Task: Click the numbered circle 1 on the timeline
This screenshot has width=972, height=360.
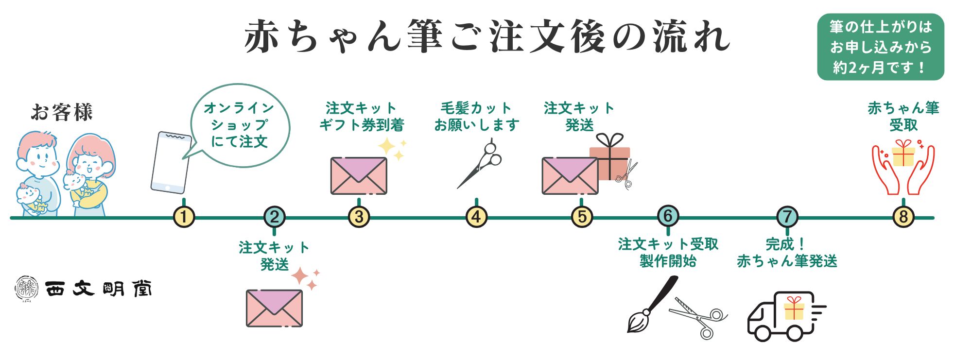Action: [x=184, y=217]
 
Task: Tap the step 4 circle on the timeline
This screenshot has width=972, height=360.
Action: [x=476, y=217]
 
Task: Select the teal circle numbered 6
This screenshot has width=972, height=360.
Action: [x=668, y=216]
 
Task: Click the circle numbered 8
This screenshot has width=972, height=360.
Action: [x=903, y=217]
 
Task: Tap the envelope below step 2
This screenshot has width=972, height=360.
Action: [x=274, y=308]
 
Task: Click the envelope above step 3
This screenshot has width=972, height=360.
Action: [x=359, y=175]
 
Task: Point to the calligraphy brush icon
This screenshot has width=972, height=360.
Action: [x=651, y=304]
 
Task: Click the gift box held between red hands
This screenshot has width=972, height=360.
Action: [x=903, y=154]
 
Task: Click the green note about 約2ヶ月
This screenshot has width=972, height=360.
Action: [x=880, y=47]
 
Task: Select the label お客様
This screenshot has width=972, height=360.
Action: [x=62, y=112]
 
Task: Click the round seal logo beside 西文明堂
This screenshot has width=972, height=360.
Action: [x=27, y=289]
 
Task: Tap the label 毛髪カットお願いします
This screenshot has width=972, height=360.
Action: [x=476, y=117]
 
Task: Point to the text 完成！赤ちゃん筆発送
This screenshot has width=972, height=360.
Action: [x=787, y=253]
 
